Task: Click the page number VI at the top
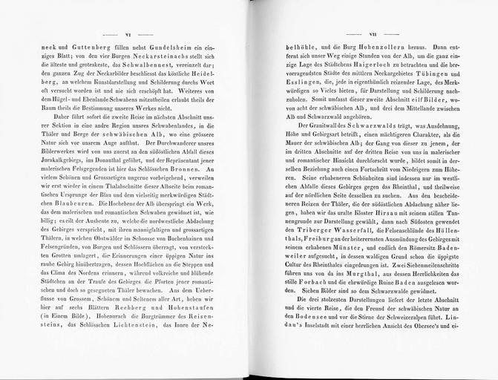[x=128, y=35]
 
